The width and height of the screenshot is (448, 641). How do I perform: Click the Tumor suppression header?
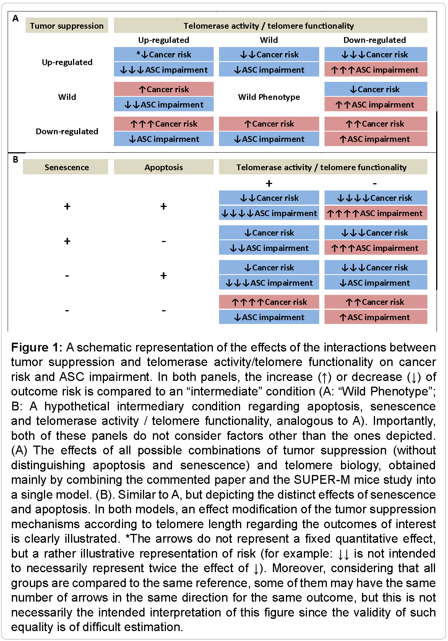point(67,26)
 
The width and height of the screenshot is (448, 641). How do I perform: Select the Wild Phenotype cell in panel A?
point(269,97)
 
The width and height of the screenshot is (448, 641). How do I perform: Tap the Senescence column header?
point(67,167)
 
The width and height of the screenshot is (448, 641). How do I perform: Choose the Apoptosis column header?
point(164,167)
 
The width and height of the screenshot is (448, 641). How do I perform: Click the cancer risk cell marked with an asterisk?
point(164,54)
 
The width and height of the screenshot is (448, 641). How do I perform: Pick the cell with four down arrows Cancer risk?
point(375,198)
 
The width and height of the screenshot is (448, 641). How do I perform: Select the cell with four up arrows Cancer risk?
point(269,302)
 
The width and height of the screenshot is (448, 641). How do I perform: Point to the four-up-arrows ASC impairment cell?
point(375,213)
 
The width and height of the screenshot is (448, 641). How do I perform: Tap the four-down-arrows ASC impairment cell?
point(269,213)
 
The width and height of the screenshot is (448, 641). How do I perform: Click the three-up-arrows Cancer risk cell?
point(164,124)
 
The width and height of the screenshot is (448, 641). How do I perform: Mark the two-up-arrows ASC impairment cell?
point(375,104)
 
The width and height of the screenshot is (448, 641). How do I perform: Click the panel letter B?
point(15,159)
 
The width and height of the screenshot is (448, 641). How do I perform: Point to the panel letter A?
point(15,18)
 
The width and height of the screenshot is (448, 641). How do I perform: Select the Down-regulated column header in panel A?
point(375,40)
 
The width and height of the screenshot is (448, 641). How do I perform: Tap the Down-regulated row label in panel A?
point(67,131)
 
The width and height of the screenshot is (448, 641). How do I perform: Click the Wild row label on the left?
point(67,97)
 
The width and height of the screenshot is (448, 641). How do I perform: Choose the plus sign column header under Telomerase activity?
point(269,183)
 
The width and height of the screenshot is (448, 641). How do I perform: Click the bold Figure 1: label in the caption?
point(36,347)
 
